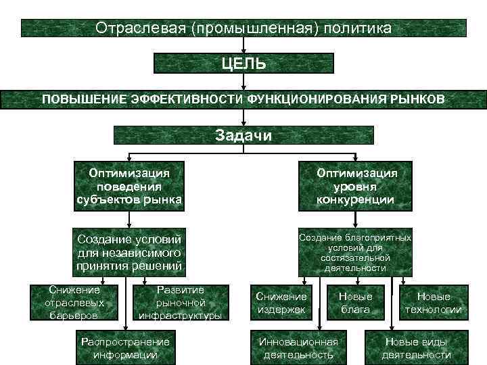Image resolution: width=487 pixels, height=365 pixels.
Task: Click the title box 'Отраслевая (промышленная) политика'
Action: point(243,28)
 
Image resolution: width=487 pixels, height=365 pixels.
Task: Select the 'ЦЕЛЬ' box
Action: point(243,64)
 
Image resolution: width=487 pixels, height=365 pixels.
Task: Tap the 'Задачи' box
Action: point(243,135)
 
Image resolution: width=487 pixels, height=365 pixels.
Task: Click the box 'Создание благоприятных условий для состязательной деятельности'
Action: point(356,251)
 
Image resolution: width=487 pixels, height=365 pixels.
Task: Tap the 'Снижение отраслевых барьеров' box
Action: point(74,302)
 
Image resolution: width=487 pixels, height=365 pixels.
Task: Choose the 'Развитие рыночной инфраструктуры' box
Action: point(180,302)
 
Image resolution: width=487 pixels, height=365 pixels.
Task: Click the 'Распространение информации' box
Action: point(125,347)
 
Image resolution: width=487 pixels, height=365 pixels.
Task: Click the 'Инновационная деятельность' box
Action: point(298,347)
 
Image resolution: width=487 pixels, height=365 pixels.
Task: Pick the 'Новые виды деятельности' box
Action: point(416,347)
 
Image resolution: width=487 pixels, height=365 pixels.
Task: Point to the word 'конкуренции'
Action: point(356,199)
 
